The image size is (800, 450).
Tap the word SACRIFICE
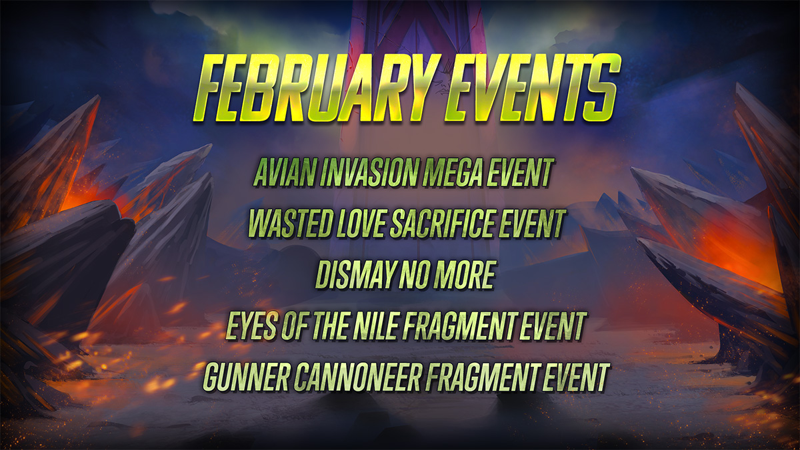pos(443,224)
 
